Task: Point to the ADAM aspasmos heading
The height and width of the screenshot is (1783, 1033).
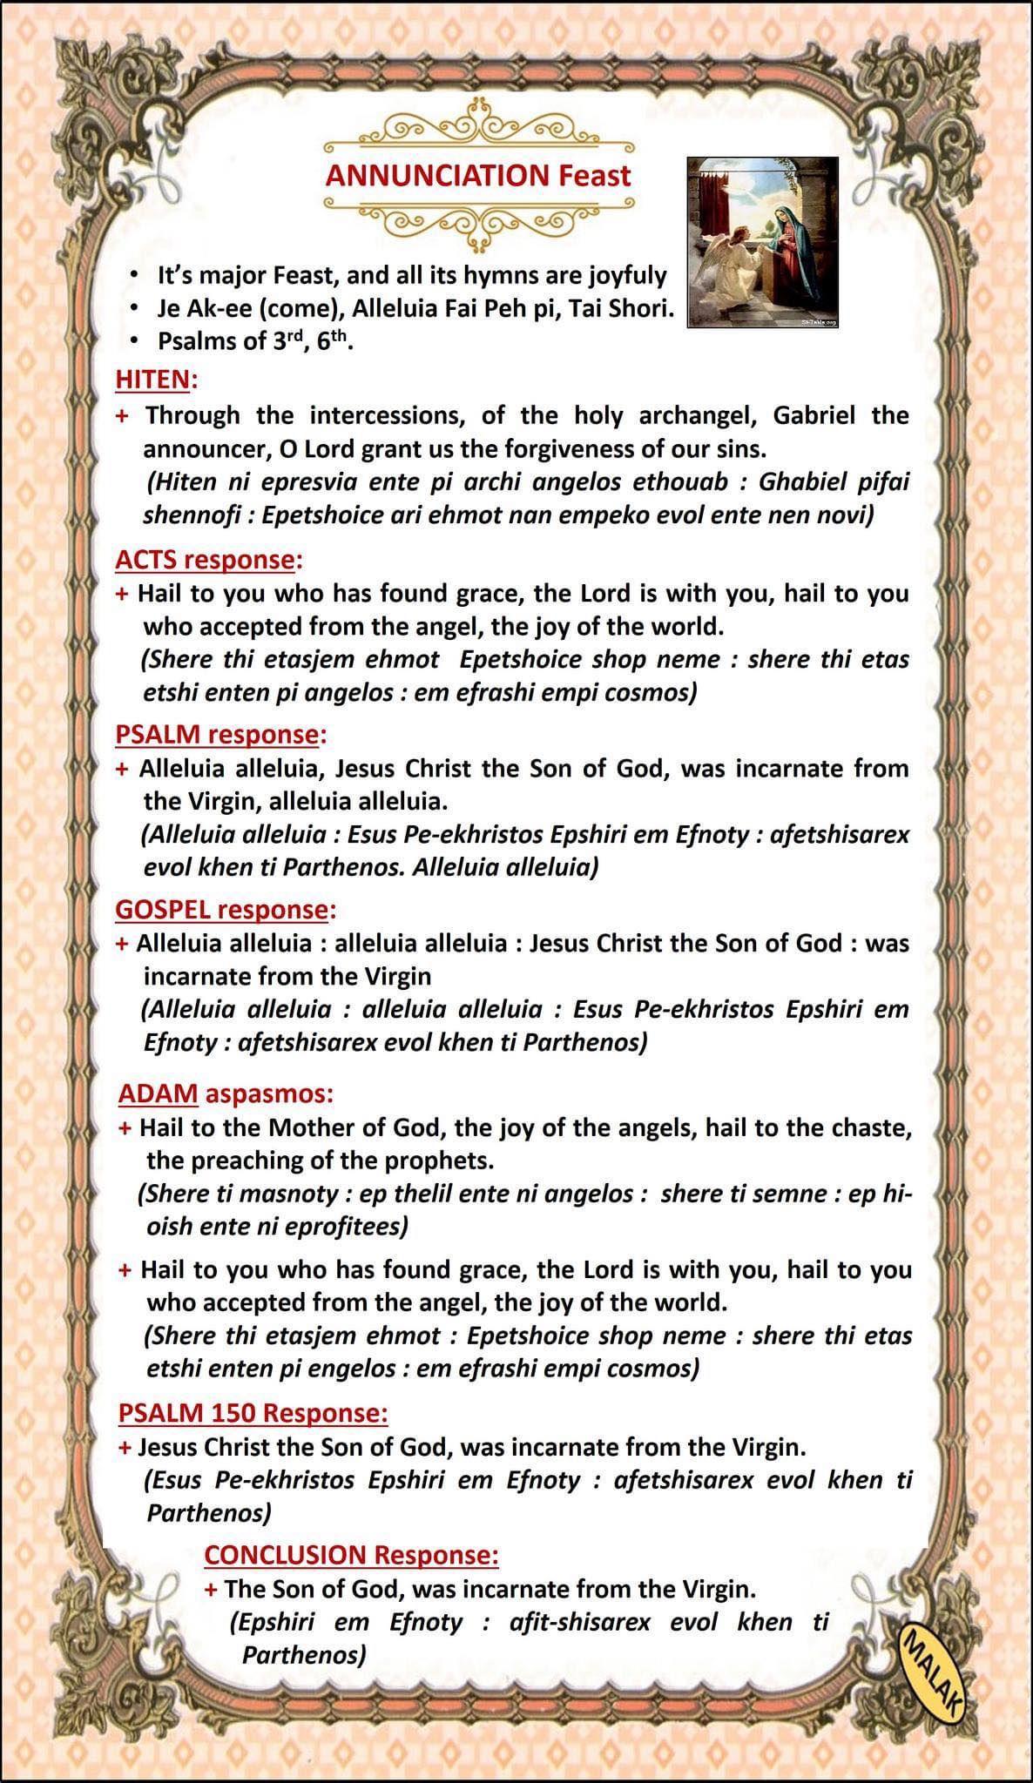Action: (226, 1093)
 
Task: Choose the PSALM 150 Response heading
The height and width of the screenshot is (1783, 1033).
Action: (253, 1413)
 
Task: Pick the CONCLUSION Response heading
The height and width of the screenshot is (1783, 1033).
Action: (351, 1555)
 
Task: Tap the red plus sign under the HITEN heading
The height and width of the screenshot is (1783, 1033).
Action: (123, 416)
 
